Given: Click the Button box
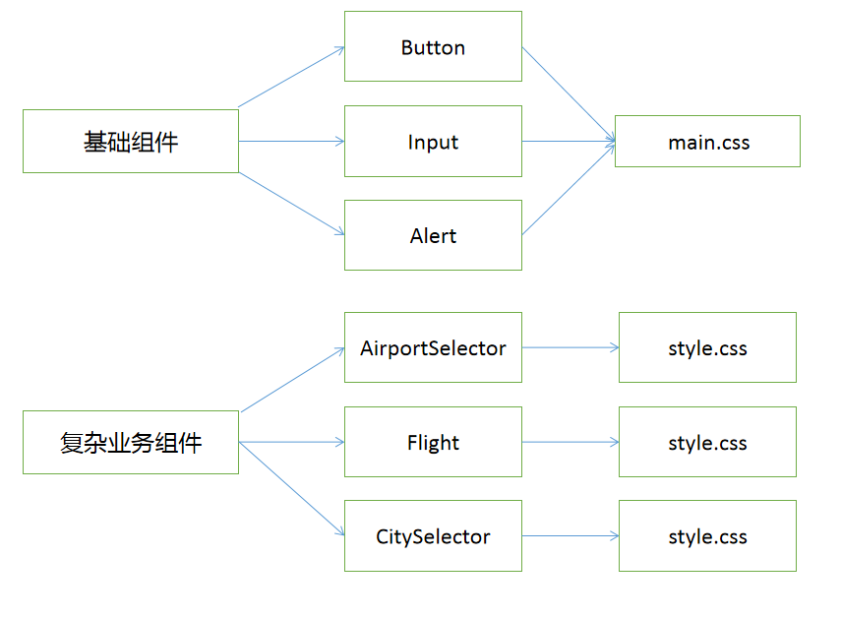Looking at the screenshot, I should pos(433,46).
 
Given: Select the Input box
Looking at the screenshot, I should pos(433,142).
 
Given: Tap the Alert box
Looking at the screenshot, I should pos(433,236).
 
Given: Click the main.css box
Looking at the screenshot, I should pos(707,142).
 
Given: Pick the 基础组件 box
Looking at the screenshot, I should pos(131,142).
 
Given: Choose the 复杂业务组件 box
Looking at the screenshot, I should pos(131,443).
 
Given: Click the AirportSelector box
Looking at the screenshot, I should pos(433,347).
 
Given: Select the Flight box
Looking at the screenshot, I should pos(433,443).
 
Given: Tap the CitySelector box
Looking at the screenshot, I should pos(433,536).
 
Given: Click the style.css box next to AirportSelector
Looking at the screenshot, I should pos(707,347).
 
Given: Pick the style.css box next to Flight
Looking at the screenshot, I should pos(707,443).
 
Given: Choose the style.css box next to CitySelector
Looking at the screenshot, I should pos(707,536).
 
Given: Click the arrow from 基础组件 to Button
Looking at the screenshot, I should pos(291,77).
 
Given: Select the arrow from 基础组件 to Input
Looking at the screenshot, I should pos(291,142).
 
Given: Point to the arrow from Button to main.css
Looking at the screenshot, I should pos(569,94).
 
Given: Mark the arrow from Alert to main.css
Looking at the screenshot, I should pos(569,189).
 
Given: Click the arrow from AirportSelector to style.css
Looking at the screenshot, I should pos(571,347).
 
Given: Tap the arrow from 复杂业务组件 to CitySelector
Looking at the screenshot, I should pos(292,489).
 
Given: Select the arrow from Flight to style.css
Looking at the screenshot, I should pos(571,443).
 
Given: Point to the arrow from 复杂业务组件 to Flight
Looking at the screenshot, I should pos(292,443).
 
